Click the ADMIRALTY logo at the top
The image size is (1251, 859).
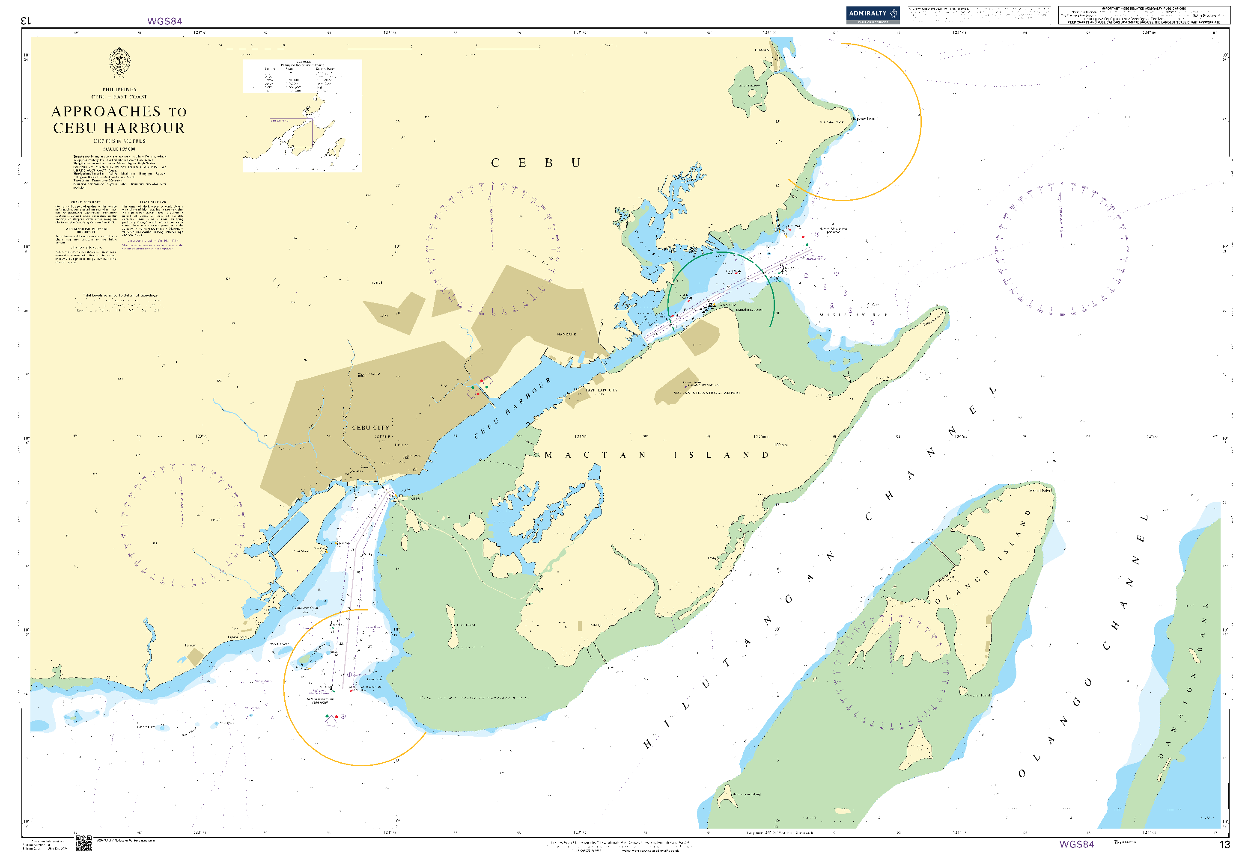pyautogui.click(x=873, y=15)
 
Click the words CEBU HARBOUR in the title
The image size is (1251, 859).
pyautogui.click(x=119, y=128)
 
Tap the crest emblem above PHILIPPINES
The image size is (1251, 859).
pyautogui.click(x=119, y=62)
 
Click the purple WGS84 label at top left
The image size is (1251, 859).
pyautogui.click(x=164, y=21)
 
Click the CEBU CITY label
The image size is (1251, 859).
pyautogui.click(x=370, y=428)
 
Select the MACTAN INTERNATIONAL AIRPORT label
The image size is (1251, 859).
pyautogui.click(x=706, y=393)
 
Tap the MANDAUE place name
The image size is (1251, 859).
pyautogui.click(x=566, y=334)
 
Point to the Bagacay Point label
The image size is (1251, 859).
pyautogui.click(x=864, y=118)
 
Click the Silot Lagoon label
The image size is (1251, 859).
pyautogui.click(x=749, y=85)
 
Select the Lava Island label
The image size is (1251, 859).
pyautogui.click(x=466, y=625)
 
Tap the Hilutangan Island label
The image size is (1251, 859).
pyautogui.click(x=746, y=794)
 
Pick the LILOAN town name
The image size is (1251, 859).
pyautogui.click(x=762, y=50)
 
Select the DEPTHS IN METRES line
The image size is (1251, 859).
pyautogui.click(x=119, y=141)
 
